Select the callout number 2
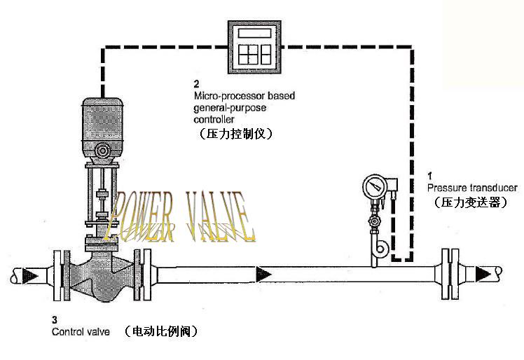(197, 83)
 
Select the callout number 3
(55, 319)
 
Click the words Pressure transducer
(471, 188)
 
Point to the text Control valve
(81, 331)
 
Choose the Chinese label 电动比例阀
(160, 331)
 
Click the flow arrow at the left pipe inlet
(27, 273)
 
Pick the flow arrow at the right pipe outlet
(483, 273)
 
